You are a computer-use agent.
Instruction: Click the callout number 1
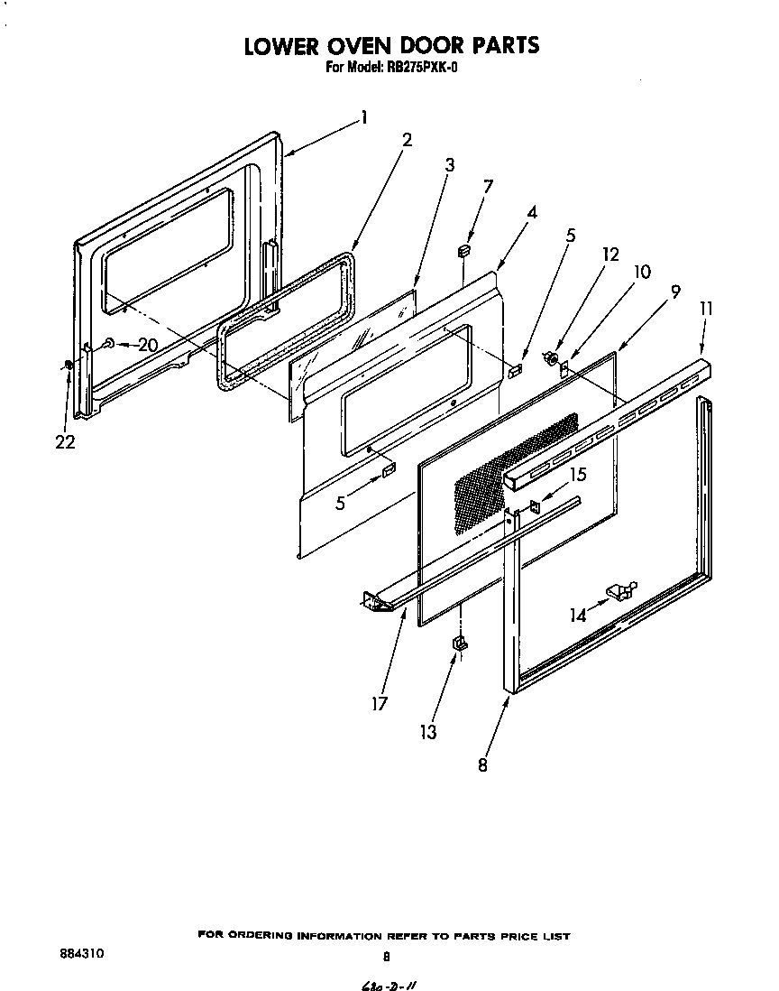click(x=363, y=116)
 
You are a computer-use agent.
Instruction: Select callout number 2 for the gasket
click(x=407, y=140)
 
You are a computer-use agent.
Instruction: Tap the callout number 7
click(x=488, y=186)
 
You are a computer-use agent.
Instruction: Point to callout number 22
click(x=65, y=442)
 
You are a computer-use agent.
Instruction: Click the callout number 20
click(x=147, y=344)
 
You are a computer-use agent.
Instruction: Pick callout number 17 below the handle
click(x=380, y=703)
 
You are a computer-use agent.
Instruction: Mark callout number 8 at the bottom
click(x=483, y=764)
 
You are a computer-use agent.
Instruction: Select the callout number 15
click(x=577, y=473)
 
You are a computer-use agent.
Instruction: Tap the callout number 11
click(x=706, y=309)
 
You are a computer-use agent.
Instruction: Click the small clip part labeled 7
click(x=464, y=250)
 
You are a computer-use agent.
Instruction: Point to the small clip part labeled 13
click(x=459, y=643)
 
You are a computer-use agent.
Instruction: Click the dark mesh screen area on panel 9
click(x=514, y=469)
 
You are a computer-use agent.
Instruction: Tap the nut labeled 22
click(x=69, y=365)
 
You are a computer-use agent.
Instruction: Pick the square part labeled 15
click(x=535, y=506)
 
